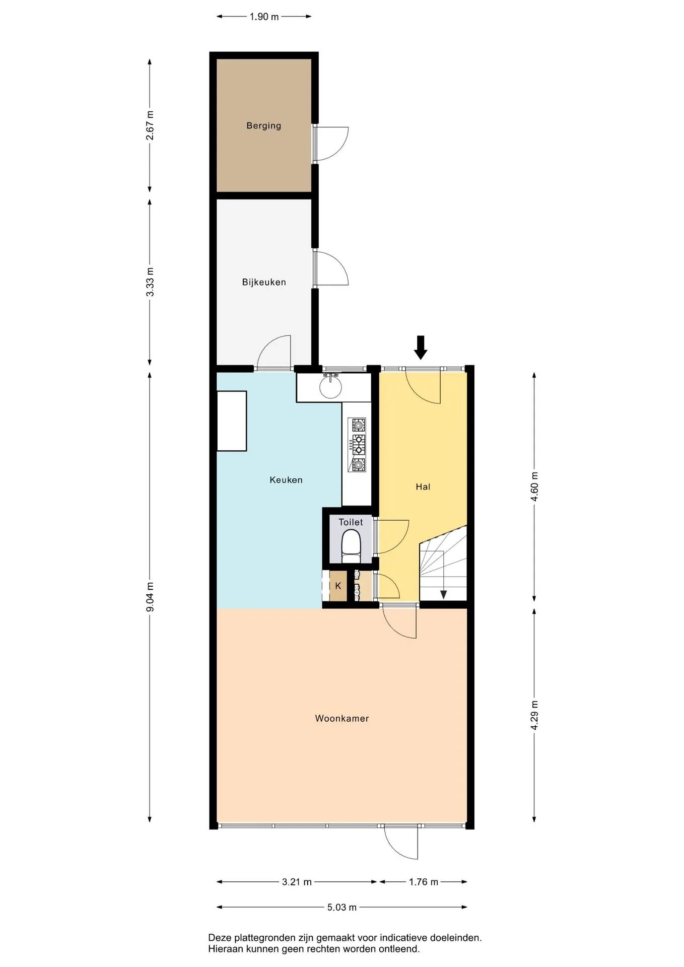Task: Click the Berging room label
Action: click(x=263, y=126)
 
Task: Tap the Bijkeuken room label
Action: click(x=264, y=282)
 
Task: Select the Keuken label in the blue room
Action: click(x=286, y=480)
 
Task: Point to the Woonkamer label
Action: click(x=342, y=719)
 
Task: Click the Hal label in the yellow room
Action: click(x=423, y=487)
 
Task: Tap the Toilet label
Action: click(x=351, y=522)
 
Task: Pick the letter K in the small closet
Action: click(x=338, y=586)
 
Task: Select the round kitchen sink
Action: click(x=330, y=386)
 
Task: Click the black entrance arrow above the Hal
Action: click(x=421, y=348)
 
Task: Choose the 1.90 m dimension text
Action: click(x=264, y=17)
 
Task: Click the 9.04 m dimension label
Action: click(x=150, y=597)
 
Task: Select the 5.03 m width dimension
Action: click(x=342, y=907)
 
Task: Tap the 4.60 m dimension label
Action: click(x=534, y=487)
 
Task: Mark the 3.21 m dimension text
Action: click(x=297, y=882)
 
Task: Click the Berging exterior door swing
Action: click(x=330, y=144)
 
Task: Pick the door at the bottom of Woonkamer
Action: click(x=401, y=844)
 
